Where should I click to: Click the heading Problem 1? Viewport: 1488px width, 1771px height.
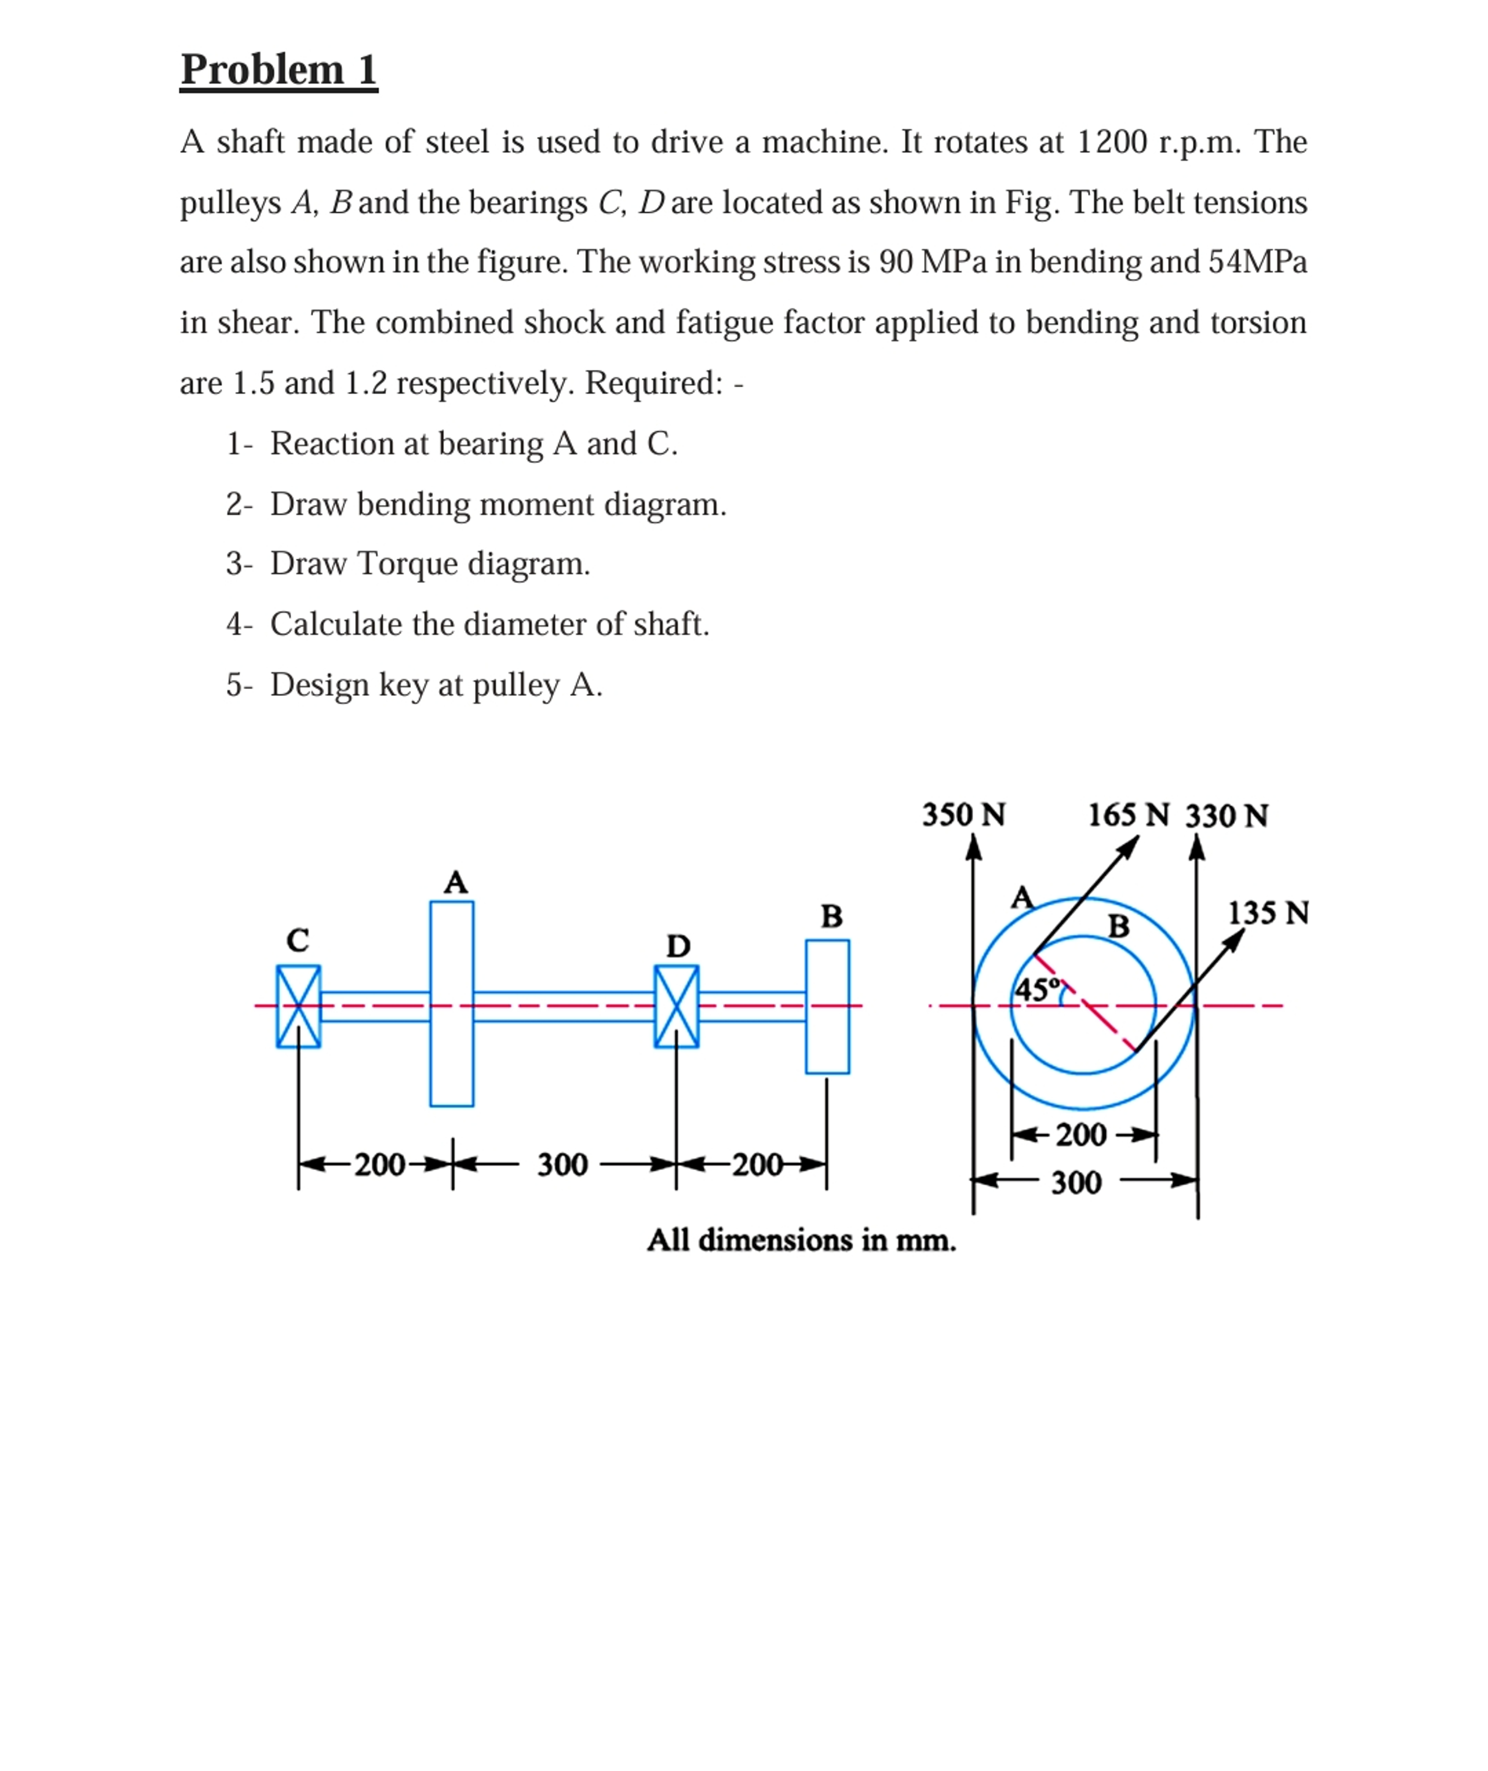point(278,69)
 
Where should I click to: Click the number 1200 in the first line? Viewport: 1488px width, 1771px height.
point(1112,142)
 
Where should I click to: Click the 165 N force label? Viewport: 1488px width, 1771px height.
point(1128,815)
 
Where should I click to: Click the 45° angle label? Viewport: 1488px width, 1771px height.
point(1037,989)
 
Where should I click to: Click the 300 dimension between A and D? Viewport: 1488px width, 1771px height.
point(563,1165)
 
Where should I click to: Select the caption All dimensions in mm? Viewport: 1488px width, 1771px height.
point(801,1240)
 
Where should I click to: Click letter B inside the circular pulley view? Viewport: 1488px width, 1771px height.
point(1119,927)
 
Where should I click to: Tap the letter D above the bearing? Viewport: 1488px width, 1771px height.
point(678,946)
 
